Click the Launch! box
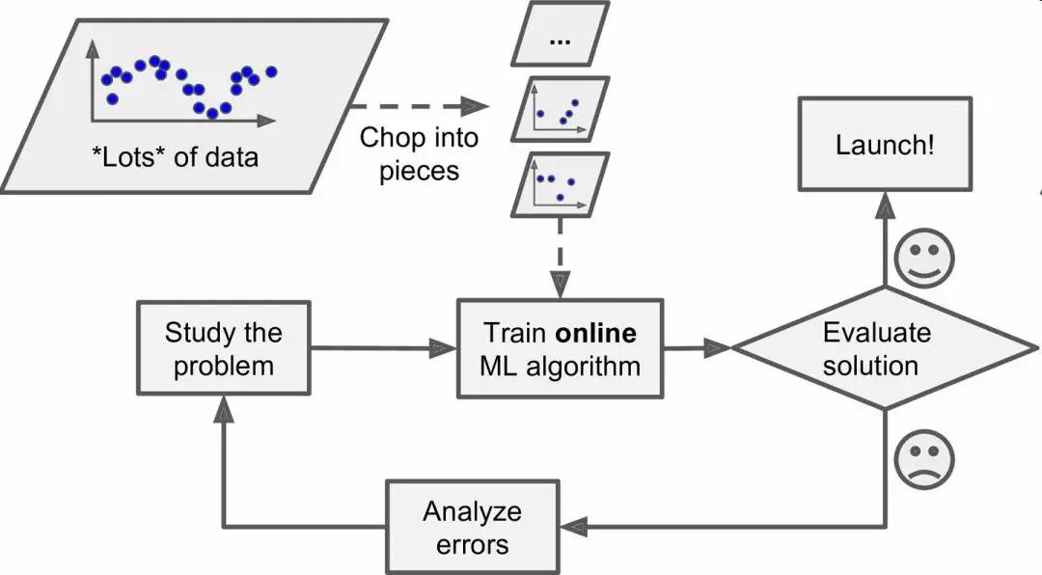point(884,146)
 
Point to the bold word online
point(595,334)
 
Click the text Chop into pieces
point(419,153)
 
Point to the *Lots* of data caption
point(181,156)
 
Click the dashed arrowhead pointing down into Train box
point(560,287)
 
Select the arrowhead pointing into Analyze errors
point(574,527)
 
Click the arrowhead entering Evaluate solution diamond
point(718,348)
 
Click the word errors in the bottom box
point(473,543)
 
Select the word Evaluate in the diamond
point(877,333)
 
